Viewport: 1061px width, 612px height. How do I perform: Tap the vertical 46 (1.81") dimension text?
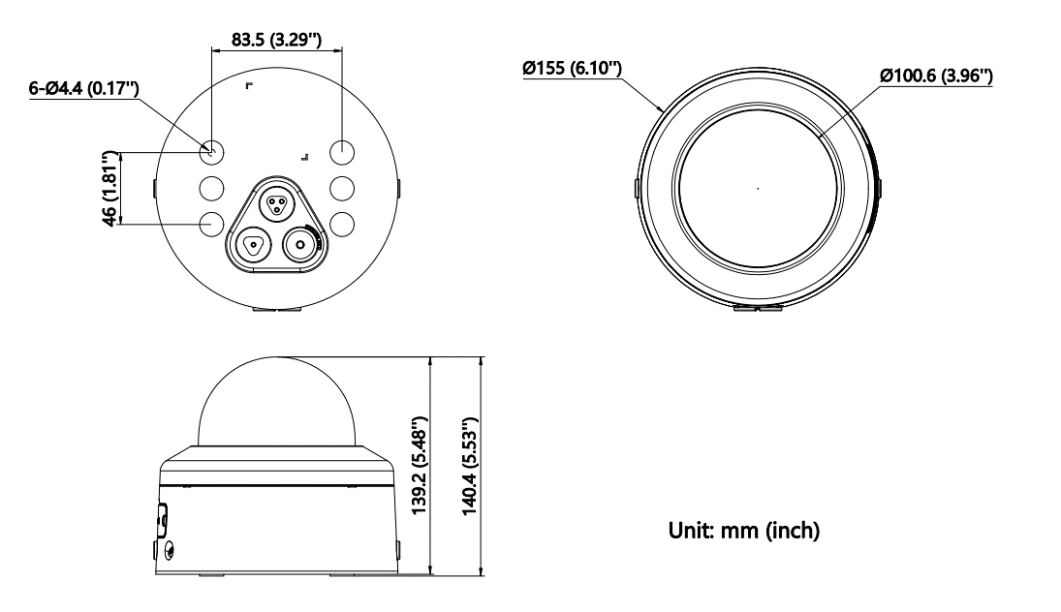(112, 187)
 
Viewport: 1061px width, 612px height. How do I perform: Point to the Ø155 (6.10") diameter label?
(572, 69)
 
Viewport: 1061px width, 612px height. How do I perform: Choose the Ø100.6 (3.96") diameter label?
(935, 76)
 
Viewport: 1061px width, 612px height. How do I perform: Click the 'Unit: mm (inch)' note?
(745, 531)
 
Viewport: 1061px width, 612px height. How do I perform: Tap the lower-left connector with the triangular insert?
(252, 246)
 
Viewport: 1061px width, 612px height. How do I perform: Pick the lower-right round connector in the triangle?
(300, 246)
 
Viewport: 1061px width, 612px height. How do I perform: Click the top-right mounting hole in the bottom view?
(342, 152)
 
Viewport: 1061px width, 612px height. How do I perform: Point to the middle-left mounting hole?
(212, 187)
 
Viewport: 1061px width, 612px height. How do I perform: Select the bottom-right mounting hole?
(342, 223)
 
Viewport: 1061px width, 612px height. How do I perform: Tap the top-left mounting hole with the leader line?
(212, 152)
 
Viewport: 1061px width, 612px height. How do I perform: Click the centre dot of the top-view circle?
(757, 189)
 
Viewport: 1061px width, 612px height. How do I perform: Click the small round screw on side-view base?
(171, 551)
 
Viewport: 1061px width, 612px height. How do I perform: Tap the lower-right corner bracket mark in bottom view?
(305, 155)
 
